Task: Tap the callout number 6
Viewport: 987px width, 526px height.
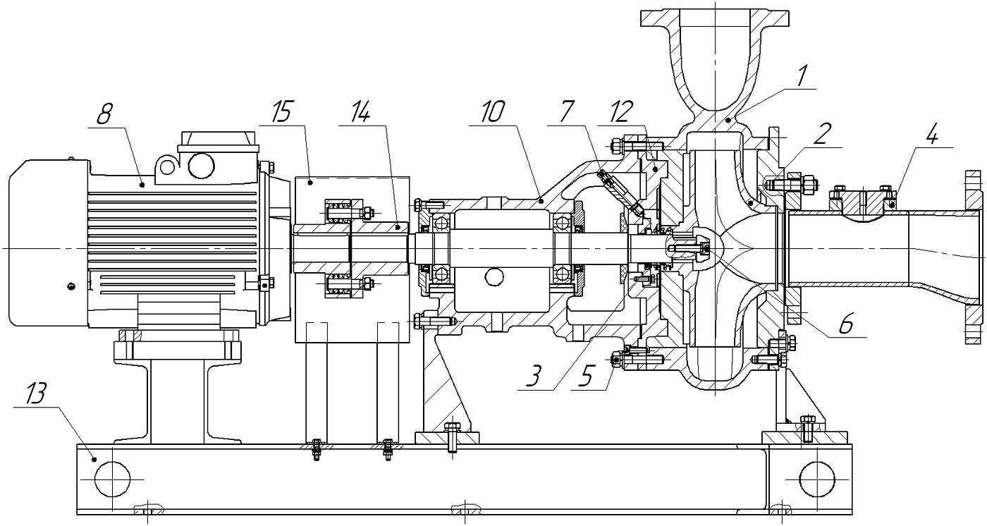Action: click(845, 324)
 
